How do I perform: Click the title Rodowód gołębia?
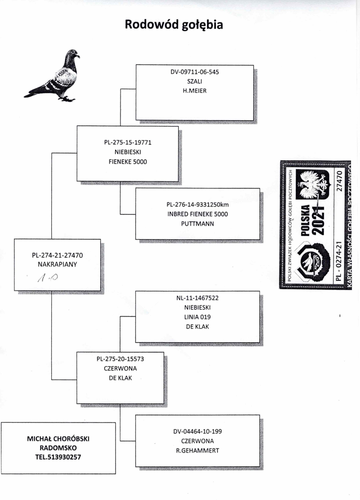[x=174, y=25]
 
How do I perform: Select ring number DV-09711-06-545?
[x=194, y=73]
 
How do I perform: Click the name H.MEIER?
[x=194, y=91]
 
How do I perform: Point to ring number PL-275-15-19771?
[x=128, y=143]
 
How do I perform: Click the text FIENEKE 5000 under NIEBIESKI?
[x=128, y=161]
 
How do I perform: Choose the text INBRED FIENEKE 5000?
[x=198, y=214]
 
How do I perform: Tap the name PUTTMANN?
[x=198, y=223]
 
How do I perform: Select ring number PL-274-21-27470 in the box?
[x=57, y=255]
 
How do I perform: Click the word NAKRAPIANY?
[x=57, y=264]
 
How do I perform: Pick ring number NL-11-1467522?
[x=198, y=299]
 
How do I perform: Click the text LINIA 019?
[x=198, y=317]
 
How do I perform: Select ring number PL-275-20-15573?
[x=120, y=359]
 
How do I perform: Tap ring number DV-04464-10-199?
[x=198, y=431]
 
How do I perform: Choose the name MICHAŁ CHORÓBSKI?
[x=58, y=439]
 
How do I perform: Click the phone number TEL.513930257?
[x=58, y=457]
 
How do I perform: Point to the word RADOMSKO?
[x=58, y=448]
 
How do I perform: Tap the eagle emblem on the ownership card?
[x=315, y=185]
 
